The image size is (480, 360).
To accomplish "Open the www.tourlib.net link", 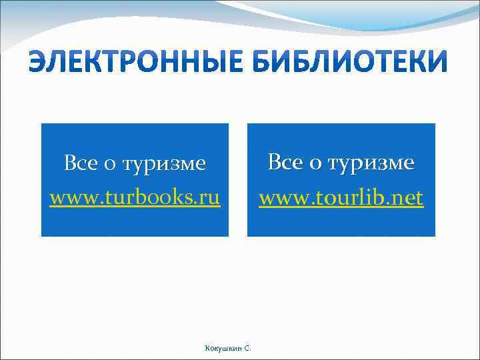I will (341, 197).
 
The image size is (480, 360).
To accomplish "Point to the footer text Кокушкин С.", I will (227, 347).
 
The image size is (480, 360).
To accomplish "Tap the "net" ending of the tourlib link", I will (408, 197).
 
